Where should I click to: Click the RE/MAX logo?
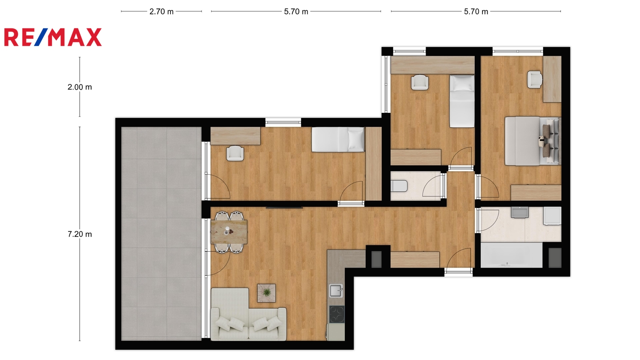click(53, 37)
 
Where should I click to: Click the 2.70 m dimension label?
click(162, 12)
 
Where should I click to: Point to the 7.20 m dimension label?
click(80, 234)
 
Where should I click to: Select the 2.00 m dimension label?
click(80, 87)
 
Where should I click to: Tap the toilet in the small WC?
click(399, 186)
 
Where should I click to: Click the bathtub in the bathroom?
click(512, 255)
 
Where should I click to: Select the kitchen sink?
click(336, 291)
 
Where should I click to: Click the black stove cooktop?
click(337, 314)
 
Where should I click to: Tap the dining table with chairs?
click(229, 232)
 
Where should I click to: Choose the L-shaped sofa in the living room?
click(248, 314)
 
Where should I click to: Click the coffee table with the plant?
click(266, 293)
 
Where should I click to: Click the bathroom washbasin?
click(520, 212)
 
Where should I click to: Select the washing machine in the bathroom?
click(552, 216)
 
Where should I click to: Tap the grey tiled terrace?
click(162, 234)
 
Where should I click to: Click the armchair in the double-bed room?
click(535, 80)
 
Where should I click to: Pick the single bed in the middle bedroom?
click(462, 101)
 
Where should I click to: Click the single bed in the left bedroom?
click(338, 140)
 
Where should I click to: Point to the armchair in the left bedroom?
click(235, 154)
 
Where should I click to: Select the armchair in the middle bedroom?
click(420, 82)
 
